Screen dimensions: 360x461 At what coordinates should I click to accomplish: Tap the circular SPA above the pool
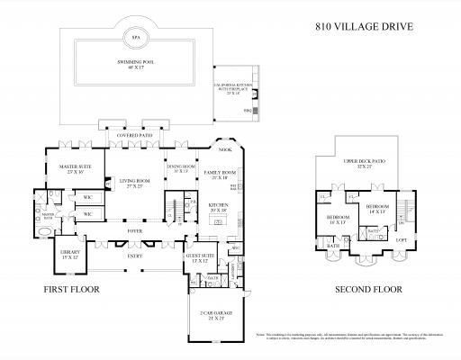(x=135, y=40)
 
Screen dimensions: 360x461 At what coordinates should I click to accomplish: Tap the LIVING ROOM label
(x=135, y=184)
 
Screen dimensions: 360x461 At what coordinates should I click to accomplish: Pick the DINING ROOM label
(x=181, y=167)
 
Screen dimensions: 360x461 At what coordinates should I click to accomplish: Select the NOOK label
(x=223, y=150)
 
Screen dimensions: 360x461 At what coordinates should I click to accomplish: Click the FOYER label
(x=135, y=229)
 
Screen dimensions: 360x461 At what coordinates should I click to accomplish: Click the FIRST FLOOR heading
(x=71, y=290)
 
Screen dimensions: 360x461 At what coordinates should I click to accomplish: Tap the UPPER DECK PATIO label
(x=363, y=166)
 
